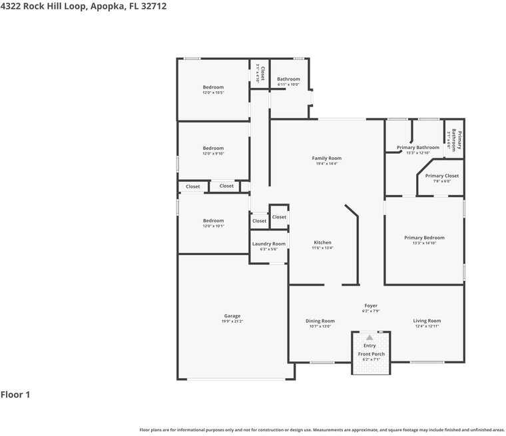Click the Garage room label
[x=232, y=316]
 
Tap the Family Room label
[x=326, y=158]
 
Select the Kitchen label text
[x=322, y=243]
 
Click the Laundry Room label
[x=268, y=244]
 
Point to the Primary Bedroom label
[x=424, y=238]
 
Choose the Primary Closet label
[x=442, y=176]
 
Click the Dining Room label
[x=320, y=321]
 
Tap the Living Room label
[x=427, y=321]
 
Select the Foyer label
[x=371, y=306]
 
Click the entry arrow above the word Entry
[x=370, y=337]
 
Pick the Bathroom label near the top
[x=288, y=79]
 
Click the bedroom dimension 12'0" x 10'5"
[x=213, y=93]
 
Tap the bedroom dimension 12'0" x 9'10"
[x=213, y=154]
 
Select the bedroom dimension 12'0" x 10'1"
[x=213, y=226]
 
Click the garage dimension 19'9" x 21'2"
[x=232, y=322]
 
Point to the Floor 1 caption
[x=15, y=395]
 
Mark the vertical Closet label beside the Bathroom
[x=262, y=73]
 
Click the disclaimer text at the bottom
[x=322, y=430]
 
